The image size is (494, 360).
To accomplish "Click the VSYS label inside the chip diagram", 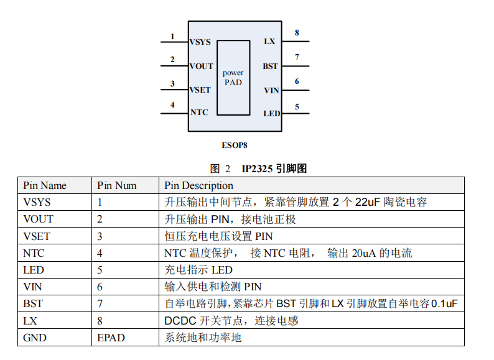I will coord(200,42).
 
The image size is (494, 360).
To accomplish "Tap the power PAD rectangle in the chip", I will coord(233,78).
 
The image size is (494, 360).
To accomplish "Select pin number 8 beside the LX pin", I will coord(297,33).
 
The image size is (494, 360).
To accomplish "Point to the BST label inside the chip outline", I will coord(270,67).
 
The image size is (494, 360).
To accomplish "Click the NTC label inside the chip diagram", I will coord(199,113).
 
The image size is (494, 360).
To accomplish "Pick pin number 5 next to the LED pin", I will coord(297,106).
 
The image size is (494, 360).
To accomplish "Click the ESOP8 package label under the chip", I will coord(235,145).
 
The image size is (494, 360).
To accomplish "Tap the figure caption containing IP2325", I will coord(259,168).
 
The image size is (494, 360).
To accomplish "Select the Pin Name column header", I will coord(45,185).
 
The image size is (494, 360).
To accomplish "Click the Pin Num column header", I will coord(116,185).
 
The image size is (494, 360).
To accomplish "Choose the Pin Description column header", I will coord(198,185).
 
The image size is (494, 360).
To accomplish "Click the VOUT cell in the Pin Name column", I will coord(38,219).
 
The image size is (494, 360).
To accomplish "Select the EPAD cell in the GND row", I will coord(111,338).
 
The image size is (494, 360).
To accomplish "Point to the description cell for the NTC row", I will coord(287,253).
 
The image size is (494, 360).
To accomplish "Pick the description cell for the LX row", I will coord(231,321).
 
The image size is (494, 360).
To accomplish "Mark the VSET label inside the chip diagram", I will coord(200,90).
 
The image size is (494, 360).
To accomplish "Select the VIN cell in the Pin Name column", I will coord(33,287).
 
